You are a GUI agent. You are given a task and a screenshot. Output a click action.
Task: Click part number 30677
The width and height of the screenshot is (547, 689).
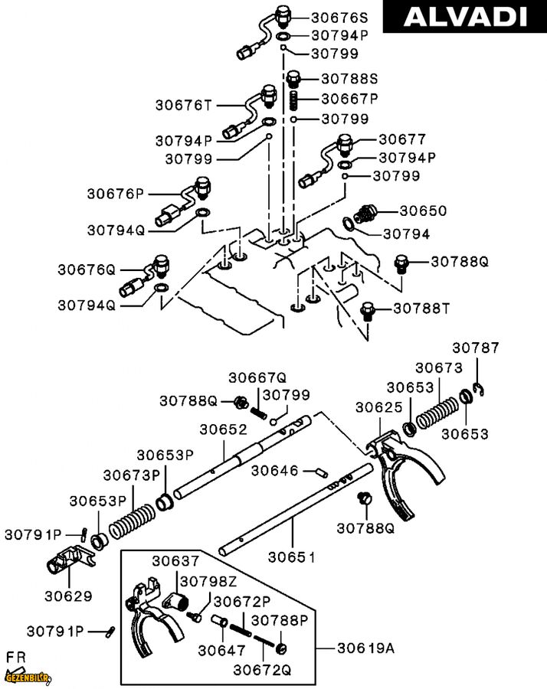point(401,139)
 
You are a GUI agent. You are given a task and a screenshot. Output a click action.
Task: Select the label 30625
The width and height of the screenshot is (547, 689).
point(379,407)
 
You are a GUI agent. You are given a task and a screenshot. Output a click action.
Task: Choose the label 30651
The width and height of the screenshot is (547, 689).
point(291,557)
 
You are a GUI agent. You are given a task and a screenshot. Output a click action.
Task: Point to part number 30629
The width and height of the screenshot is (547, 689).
point(68,595)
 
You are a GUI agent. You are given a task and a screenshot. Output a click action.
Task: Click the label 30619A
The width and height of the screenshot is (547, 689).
point(366,648)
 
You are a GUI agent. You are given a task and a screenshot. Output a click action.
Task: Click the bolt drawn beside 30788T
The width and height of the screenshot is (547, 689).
point(368,310)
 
